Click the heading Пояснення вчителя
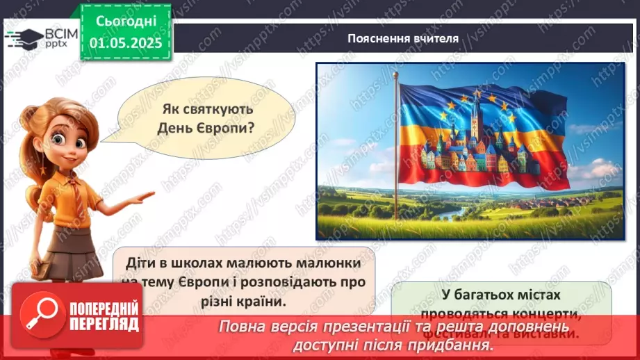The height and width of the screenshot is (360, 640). click(x=402, y=39)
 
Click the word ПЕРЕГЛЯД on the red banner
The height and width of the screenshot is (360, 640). click(x=105, y=324)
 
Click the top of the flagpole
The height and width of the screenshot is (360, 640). click(x=395, y=74)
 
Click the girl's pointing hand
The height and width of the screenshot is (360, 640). click(x=142, y=197)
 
